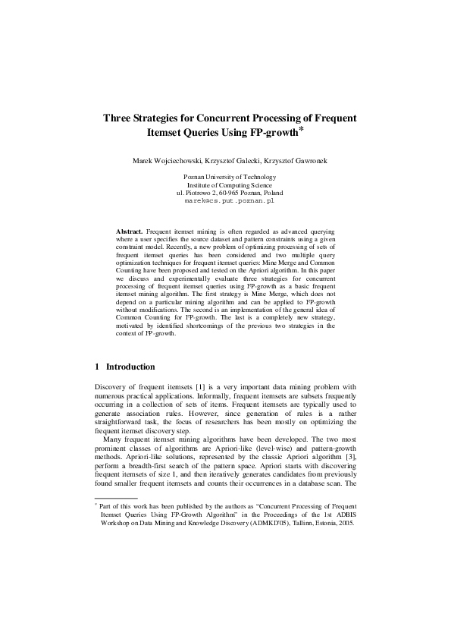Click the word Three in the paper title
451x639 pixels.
click(119, 118)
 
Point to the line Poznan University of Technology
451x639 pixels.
click(225, 177)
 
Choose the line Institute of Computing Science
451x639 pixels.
click(225, 185)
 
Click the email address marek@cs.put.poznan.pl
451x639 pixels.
click(225, 202)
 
